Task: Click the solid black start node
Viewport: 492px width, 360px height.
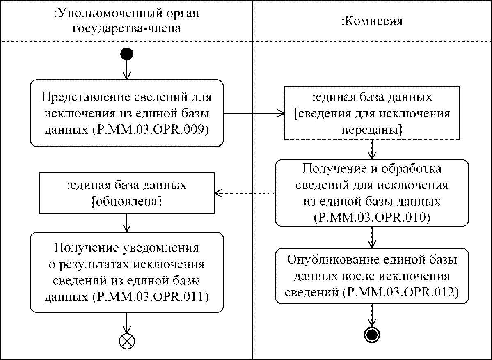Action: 127,54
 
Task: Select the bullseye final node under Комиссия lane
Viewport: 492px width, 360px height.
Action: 372,335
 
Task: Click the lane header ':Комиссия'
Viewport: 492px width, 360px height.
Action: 372,21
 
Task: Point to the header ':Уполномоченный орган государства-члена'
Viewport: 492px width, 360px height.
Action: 126,21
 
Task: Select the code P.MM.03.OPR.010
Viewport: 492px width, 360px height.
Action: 372,217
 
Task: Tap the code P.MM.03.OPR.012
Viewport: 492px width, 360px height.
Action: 400,292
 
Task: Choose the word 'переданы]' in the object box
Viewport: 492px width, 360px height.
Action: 372,131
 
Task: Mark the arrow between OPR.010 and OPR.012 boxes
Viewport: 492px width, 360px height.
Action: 372,237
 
